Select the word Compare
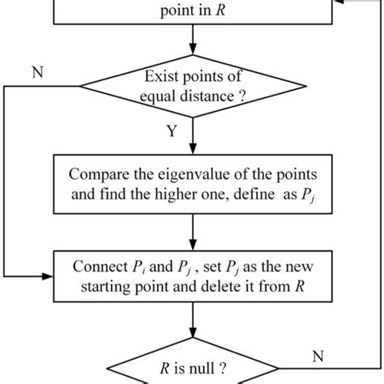[x=96, y=173]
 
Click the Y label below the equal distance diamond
[x=171, y=132]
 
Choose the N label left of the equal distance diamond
[x=36, y=70]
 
